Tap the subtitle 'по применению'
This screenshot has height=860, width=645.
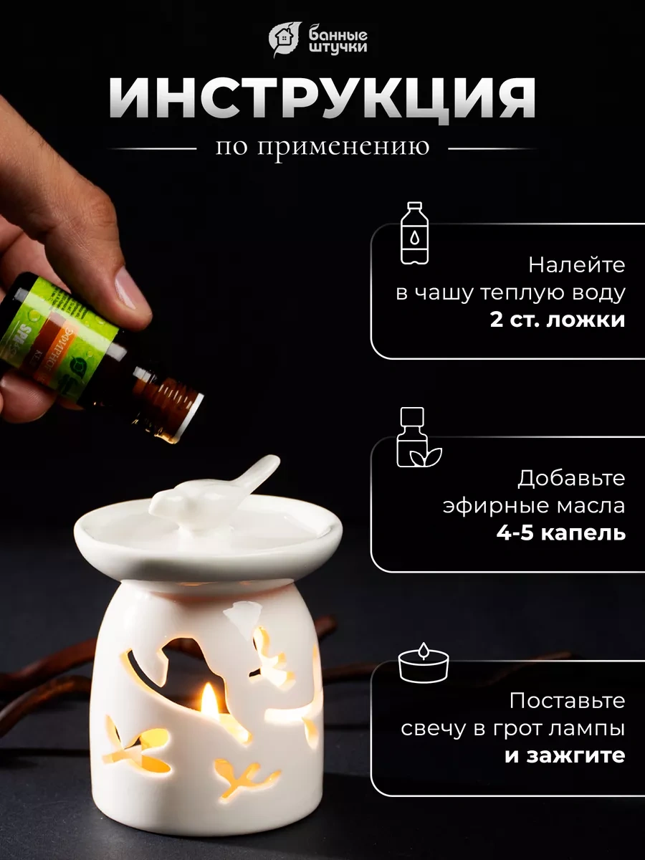pyautogui.click(x=322, y=147)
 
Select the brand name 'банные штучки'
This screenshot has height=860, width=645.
pyautogui.click(x=338, y=40)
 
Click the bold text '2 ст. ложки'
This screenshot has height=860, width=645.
pyautogui.click(x=558, y=320)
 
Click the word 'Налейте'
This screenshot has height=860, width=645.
pyautogui.click(x=576, y=264)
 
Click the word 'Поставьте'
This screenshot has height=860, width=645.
pyautogui.click(x=567, y=700)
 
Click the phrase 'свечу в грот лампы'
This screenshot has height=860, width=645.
pyautogui.click(x=512, y=728)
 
